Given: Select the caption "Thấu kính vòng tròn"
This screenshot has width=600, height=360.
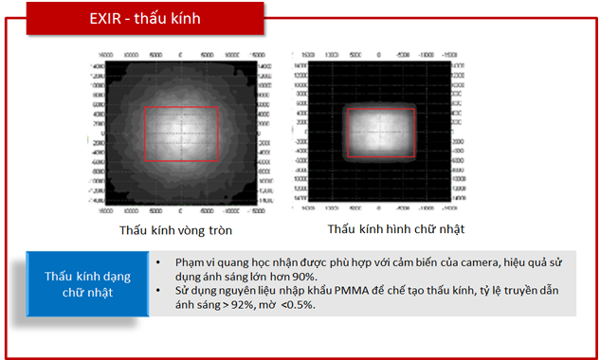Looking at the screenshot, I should (x=175, y=230).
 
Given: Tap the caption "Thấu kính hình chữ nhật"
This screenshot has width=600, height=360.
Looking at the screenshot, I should (x=396, y=229).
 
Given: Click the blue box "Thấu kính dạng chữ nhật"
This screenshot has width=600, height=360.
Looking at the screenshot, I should (x=86, y=283).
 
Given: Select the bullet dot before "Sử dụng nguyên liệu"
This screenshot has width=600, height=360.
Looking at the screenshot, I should (x=157, y=291).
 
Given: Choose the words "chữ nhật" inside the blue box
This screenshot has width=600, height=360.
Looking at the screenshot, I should (x=86, y=292).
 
